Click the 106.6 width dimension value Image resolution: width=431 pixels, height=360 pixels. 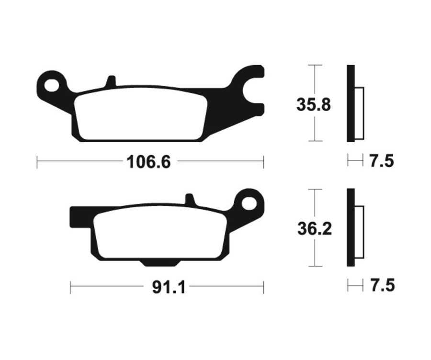pos(148,162)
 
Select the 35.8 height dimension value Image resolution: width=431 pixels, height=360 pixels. pos(313,105)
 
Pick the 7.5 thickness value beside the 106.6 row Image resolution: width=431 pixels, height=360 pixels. pos(381,161)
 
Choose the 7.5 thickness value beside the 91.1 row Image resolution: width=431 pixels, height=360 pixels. pos(382,286)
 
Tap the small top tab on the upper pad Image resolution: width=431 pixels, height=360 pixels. pos(111,81)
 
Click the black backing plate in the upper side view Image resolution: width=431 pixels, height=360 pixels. pos(351,103)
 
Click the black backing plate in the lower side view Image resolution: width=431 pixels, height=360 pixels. pos(351,227)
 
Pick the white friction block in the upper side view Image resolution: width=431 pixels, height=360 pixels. pos(359,113)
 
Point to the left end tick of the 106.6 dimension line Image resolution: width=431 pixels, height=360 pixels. pos(37,162)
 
